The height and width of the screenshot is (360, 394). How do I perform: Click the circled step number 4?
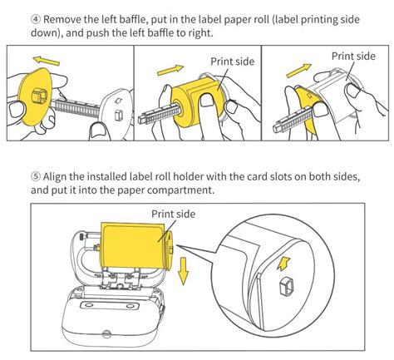(36, 20)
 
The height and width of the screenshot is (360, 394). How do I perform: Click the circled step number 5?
(36, 176)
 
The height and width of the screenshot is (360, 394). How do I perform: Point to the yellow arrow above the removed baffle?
(46, 61)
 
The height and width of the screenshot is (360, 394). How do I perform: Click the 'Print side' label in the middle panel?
(232, 62)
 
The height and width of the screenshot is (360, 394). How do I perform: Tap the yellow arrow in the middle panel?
(170, 70)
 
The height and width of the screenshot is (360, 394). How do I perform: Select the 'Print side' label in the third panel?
(353, 57)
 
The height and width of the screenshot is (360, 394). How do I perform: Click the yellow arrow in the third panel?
(298, 71)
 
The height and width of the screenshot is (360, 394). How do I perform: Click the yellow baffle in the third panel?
(309, 111)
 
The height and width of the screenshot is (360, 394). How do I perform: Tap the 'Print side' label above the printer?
(173, 214)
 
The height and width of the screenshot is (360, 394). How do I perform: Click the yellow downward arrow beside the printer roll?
(183, 271)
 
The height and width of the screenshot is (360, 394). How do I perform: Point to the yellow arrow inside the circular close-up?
(283, 264)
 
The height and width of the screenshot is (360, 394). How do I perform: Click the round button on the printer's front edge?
(106, 334)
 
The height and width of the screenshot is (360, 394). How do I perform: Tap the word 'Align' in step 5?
(55, 177)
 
